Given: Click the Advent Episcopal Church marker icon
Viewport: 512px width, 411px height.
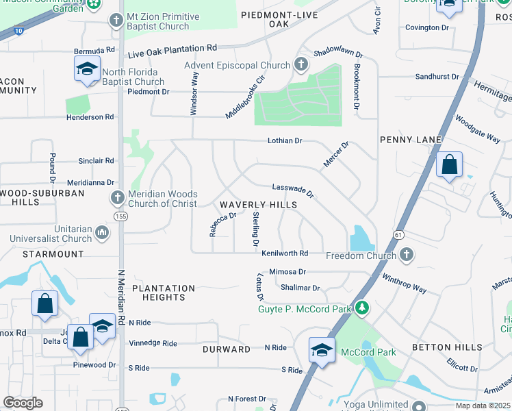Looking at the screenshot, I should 300,66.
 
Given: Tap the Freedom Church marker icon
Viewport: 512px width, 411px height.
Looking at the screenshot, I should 407,256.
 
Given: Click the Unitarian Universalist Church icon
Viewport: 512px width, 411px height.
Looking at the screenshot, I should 102,234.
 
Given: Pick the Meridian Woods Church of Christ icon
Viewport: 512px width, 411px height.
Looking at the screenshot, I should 117,199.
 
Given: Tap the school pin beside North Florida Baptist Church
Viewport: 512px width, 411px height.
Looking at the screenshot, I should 88,70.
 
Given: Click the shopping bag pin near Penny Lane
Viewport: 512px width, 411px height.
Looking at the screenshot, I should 449,166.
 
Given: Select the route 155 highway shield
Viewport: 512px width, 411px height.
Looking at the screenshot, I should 120,216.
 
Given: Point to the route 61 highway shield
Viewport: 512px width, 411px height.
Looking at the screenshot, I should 398,234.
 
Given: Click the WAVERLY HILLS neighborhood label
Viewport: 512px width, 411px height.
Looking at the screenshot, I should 258,205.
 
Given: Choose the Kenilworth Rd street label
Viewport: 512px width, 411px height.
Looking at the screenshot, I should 284,253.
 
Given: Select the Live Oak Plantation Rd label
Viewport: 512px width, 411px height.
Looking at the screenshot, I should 172,49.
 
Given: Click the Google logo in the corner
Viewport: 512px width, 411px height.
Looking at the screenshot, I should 23,403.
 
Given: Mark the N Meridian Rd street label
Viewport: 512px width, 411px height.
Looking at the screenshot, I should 121,298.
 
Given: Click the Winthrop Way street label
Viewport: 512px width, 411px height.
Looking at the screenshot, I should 404,284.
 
